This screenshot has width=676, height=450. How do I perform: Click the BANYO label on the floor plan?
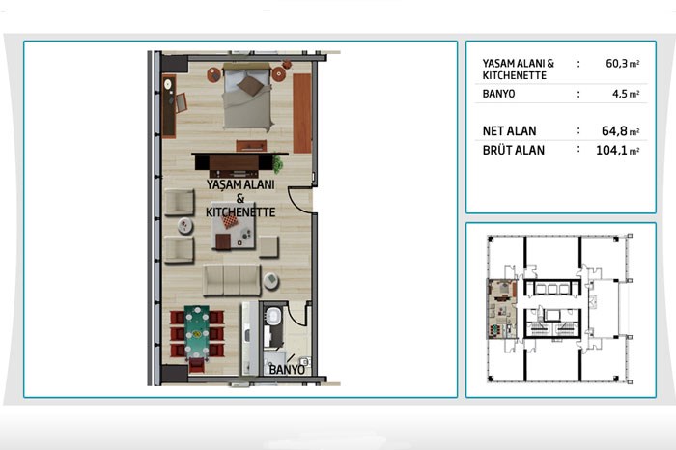pyautogui.click(x=287, y=370)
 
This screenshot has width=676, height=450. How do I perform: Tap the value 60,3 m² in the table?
pyautogui.click(x=623, y=64)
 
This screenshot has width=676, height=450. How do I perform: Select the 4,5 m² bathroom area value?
pyautogui.click(x=626, y=94)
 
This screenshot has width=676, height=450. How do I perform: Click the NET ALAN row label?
pyautogui.click(x=509, y=131)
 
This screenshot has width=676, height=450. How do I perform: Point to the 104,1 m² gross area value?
pyautogui.click(x=617, y=151)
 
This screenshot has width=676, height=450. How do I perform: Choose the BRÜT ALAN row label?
pyautogui.click(x=514, y=151)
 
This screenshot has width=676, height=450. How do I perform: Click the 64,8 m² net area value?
pyautogui.click(x=620, y=131)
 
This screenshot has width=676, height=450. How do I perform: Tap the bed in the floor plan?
pyautogui.click(x=247, y=97)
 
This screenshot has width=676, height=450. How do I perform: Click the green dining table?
pyautogui.click(x=197, y=332)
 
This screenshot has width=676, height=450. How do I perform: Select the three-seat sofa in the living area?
pyautogui.click(x=232, y=280)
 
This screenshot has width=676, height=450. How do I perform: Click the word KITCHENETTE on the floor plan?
pyautogui.click(x=240, y=212)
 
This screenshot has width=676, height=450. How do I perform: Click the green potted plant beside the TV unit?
pyautogui.click(x=277, y=165)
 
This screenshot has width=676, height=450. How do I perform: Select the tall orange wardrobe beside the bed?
pyautogui.click(x=301, y=113)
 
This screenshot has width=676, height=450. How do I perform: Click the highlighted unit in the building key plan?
pyautogui.click(x=502, y=309)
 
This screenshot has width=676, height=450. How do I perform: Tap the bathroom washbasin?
pyautogui.click(x=272, y=315)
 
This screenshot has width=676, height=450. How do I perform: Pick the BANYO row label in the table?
pyautogui.click(x=498, y=94)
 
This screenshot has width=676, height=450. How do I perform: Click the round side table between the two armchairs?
pyautogui.click(x=185, y=225)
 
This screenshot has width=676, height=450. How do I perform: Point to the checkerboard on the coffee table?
pyautogui.click(x=230, y=222)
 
